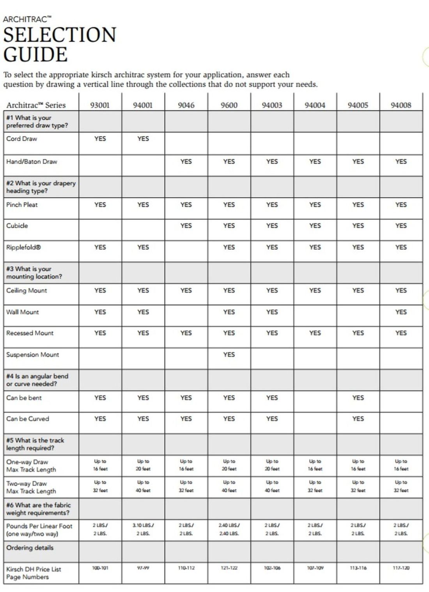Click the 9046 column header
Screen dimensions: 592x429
coord(186,105)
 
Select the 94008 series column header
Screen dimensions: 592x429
coord(401,105)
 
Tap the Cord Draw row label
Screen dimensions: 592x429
coord(21,139)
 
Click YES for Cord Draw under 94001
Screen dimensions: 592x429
coord(143,139)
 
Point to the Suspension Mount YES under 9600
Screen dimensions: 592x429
coord(229,355)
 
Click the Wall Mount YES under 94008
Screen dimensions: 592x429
coord(401,312)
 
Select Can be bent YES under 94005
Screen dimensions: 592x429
coord(358,398)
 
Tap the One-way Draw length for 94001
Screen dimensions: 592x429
coord(143,465)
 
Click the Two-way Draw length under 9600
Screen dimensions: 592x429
coord(229,486)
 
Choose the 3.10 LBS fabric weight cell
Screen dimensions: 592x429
coord(143,529)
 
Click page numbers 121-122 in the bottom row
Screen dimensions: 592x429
coord(229,568)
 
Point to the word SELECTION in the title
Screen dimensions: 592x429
coord(60,35)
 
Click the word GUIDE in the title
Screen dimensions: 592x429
coord(35,54)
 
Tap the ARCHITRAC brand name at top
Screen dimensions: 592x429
coord(27,19)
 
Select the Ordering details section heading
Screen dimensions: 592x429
coord(30,548)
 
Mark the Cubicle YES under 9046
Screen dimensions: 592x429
coord(186,226)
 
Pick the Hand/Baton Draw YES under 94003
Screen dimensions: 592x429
coord(272,162)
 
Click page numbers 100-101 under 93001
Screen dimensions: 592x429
coord(100,568)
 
